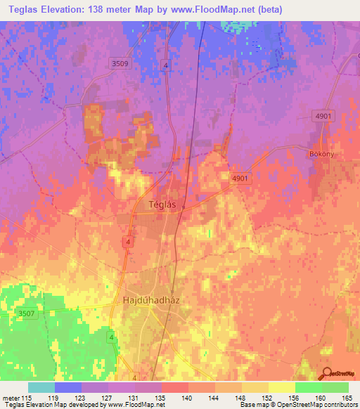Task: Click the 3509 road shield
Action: click(x=120, y=64)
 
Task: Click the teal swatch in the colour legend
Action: click(x=41, y=387)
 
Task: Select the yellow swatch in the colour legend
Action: click(x=281, y=387)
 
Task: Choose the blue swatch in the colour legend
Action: click(x=68, y=387)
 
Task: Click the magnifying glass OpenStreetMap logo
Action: click(x=325, y=374)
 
